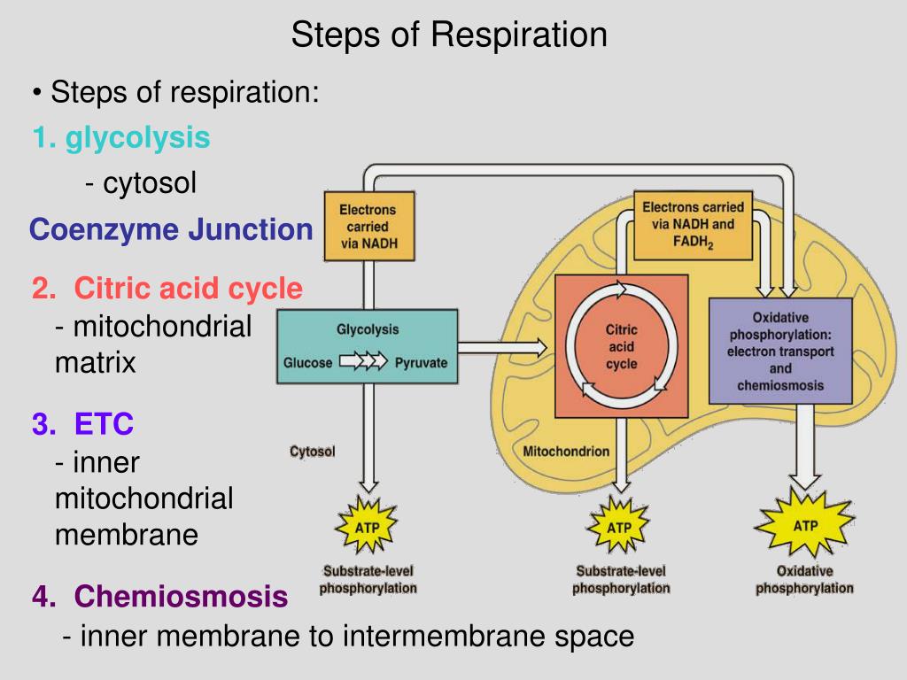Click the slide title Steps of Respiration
pyautogui.click(x=449, y=35)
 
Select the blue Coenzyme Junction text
pyautogui.click(x=171, y=229)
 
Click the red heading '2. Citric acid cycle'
pyautogui.click(x=167, y=288)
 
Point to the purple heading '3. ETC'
pyautogui.click(x=82, y=423)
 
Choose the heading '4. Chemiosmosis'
pyautogui.click(x=159, y=596)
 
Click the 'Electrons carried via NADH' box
pyautogui.click(x=369, y=226)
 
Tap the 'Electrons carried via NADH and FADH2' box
pyautogui.click(x=693, y=226)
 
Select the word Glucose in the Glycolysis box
pyautogui.click(x=307, y=363)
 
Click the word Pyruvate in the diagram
pyautogui.click(x=421, y=363)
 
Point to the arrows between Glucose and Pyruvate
pyautogui.click(x=363, y=361)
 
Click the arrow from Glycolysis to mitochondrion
pyautogui.click(x=502, y=347)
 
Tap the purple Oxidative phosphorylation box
pyautogui.click(x=780, y=351)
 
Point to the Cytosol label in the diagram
pyautogui.click(x=313, y=451)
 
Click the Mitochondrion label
pyautogui.click(x=566, y=451)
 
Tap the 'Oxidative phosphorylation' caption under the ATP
pyautogui.click(x=804, y=579)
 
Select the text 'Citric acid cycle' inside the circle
pyautogui.click(x=621, y=346)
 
